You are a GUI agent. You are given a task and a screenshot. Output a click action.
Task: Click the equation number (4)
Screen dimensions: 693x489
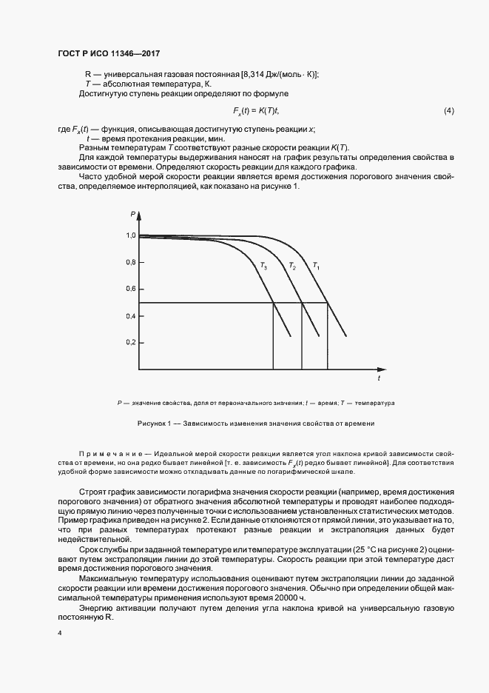pyautogui.click(x=448, y=111)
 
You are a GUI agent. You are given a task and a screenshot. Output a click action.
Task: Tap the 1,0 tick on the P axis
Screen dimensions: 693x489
pyautogui.click(x=131, y=235)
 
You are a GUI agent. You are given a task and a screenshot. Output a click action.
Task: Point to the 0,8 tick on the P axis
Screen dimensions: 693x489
pyautogui.click(x=131, y=262)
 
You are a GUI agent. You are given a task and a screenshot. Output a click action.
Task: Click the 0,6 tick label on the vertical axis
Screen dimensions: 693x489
pyautogui.click(x=131, y=289)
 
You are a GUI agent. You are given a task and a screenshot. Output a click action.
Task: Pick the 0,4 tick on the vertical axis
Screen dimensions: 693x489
pyautogui.click(x=131, y=316)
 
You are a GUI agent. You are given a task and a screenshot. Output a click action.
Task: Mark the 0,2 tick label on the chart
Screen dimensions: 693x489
pyautogui.click(x=131, y=343)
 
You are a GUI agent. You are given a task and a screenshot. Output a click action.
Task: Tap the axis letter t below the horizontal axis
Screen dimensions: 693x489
pyautogui.click(x=379, y=378)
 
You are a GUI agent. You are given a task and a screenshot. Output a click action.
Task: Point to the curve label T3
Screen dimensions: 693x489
pyautogui.click(x=263, y=264)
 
